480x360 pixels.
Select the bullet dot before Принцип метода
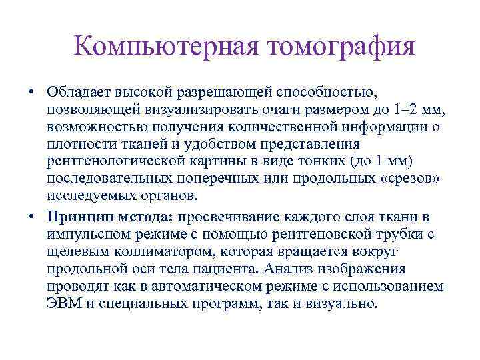click(32, 217)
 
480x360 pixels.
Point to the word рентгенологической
click(108, 161)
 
